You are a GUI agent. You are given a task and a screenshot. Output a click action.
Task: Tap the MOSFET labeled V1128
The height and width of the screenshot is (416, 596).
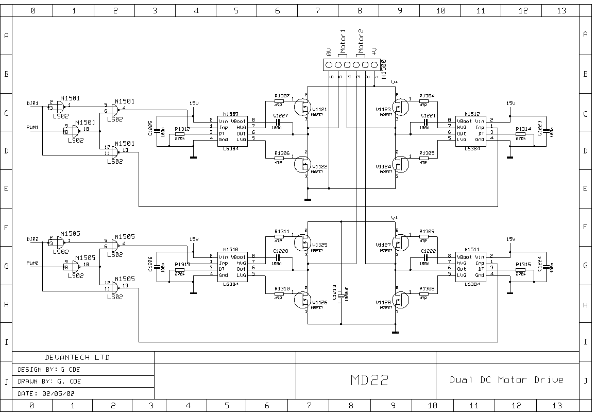pyautogui.click(x=400, y=301)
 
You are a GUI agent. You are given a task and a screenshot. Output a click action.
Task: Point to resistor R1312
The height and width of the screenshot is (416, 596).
pyautogui.click(x=180, y=134)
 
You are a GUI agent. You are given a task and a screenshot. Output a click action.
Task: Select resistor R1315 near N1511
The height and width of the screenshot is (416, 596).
pyautogui.click(x=521, y=269)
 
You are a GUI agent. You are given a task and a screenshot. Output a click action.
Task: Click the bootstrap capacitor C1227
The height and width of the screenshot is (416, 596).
pyautogui.click(x=279, y=122)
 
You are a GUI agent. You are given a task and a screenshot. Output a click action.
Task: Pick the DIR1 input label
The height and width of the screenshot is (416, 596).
pyautogui.click(x=33, y=103)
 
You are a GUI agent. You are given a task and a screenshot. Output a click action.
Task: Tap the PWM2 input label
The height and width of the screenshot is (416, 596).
pyautogui.click(x=33, y=263)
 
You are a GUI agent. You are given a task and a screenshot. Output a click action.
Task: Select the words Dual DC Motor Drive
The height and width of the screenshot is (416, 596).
pyautogui.click(x=506, y=380)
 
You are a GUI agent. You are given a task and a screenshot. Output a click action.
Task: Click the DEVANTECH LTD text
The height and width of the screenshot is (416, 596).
pyautogui.click(x=77, y=357)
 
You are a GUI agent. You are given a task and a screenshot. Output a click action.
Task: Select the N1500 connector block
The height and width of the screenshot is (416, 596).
pyautogui.click(x=351, y=65)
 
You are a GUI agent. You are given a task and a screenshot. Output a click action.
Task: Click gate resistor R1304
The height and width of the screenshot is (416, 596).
pyautogui.click(x=424, y=100)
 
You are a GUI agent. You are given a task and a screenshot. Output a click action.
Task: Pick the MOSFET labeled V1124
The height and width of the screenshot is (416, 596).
pyautogui.click(x=400, y=165)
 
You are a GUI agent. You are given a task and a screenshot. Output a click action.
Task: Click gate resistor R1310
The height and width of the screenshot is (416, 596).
pyautogui.click(x=279, y=293)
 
